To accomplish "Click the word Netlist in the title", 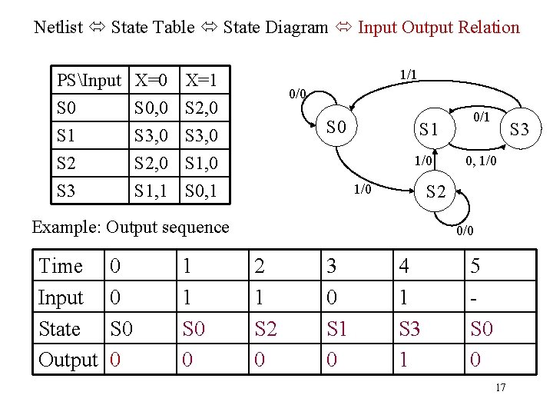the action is tap(58, 28).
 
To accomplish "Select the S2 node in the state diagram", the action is tap(435, 192).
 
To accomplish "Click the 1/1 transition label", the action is tap(409, 75).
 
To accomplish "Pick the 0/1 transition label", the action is tap(482, 118).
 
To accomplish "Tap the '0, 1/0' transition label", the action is tap(482, 162).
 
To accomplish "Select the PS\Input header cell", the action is tap(89, 80).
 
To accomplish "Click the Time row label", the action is tap(61, 266).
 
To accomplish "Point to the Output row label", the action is tap(68, 360).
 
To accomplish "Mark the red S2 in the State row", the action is tap(265, 329).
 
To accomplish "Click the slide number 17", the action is tap(500, 387).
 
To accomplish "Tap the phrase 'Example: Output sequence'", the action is tap(130, 227).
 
